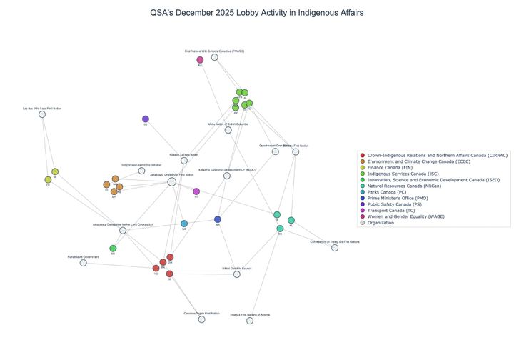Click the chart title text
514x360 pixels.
(256, 13)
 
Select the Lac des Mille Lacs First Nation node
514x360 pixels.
(42, 114)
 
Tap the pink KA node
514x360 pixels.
(200, 60)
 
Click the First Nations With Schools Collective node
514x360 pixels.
(214, 57)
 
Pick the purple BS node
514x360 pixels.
(146, 119)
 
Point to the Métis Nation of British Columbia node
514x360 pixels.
(228, 130)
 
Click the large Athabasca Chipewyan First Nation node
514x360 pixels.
(172, 182)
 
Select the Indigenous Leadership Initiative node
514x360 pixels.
(141, 171)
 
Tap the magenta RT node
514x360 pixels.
(196, 191)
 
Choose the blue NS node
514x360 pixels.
(184, 224)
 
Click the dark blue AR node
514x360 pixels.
(218, 219)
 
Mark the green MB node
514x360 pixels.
(113, 249)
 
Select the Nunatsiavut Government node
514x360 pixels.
(84, 263)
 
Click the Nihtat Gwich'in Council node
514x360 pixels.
(236, 274)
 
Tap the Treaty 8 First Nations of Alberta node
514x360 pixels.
(250, 321)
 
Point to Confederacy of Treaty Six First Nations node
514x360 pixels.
(335, 248)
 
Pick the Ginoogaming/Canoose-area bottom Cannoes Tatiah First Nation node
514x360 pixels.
(201, 319)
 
